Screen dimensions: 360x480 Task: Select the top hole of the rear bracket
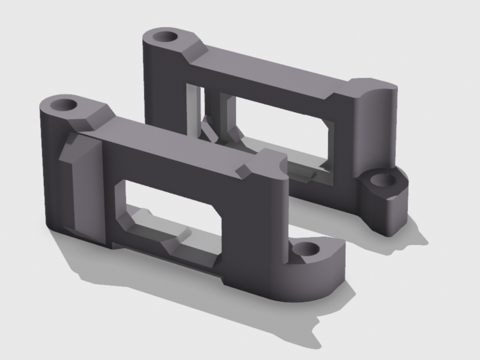click(x=166, y=38)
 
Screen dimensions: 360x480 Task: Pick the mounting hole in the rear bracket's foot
click(x=383, y=180)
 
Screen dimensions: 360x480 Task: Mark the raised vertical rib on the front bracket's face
click(x=85, y=185)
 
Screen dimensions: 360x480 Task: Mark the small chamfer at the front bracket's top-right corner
click(x=245, y=170)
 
